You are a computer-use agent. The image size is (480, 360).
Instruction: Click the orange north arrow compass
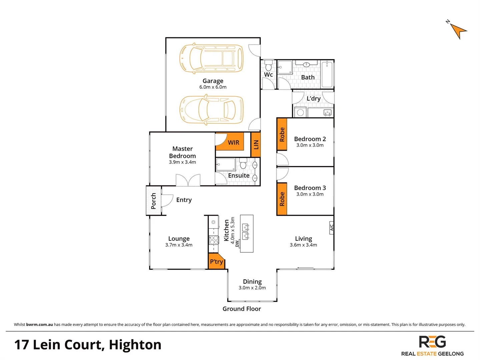(x=458, y=30)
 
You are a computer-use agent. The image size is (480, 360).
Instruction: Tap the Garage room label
(x=213, y=81)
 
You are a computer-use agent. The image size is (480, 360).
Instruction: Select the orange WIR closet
(x=233, y=143)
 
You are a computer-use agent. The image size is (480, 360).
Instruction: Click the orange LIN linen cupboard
(x=256, y=144)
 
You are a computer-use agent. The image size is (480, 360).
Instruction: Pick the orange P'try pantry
(x=216, y=262)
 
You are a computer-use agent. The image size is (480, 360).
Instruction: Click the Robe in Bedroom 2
(x=282, y=134)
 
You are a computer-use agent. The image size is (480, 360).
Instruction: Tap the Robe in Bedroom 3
(x=282, y=199)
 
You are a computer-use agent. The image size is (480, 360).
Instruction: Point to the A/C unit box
(x=332, y=228)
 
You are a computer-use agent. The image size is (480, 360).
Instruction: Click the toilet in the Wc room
(x=269, y=66)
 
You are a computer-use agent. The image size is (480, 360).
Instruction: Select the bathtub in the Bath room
(x=327, y=74)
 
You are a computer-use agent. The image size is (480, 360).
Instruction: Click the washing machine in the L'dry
(x=300, y=112)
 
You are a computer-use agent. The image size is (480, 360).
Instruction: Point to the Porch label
(x=153, y=201)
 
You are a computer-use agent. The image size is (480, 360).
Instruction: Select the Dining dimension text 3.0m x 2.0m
(x=252, y=288)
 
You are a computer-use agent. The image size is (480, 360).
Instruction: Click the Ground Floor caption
(x=242, y=309)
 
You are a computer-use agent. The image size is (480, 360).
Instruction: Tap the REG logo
(x=432, y=342)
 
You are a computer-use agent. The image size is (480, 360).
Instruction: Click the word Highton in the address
(x=135, y=345)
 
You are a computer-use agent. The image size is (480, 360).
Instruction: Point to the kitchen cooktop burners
(x=213, y=240)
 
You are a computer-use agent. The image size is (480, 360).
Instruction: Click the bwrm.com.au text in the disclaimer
(x=39, y=325)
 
